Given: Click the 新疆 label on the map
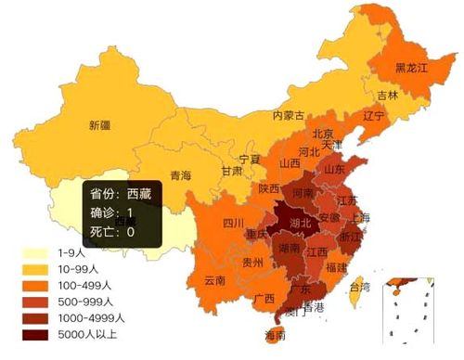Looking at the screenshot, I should tap(99, 125).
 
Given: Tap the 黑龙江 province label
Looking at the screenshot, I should tap(412, 68).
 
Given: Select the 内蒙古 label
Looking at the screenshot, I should tap(289, 116).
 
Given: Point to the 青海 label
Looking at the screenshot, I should tap(180, 175).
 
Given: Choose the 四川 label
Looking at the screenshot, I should tap(233, 224).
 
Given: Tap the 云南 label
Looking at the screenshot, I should tap(214, 280).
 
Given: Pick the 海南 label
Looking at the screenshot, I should tap(276, 334).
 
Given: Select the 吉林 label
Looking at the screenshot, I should tap(388, 95).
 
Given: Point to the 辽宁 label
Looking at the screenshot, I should tap(373, 116).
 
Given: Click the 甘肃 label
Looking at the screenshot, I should tap(232, 172).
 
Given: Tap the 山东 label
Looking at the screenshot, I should tap(334, 170).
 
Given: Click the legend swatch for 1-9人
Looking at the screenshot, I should tap(34, 252).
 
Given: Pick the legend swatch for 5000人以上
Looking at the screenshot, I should tap(34, 334).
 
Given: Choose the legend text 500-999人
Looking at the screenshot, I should tap(84, 302).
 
